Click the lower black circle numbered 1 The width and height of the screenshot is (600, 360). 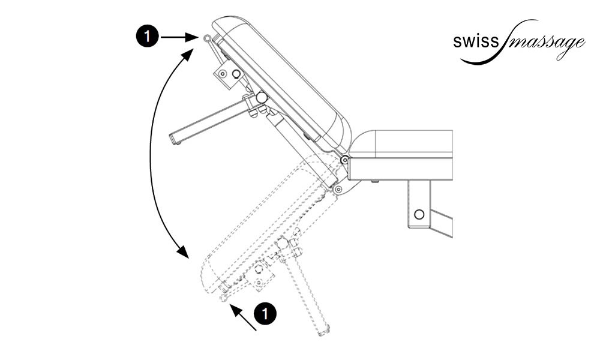click(x=265, y=313)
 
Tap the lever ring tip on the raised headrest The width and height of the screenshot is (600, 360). click(x=207, y=38)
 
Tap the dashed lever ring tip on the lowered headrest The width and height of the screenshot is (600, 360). click(x=224, y=296)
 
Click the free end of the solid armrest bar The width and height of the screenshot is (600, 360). click(x=175, y=140)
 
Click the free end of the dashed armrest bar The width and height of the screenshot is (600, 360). click(x=325, y=331)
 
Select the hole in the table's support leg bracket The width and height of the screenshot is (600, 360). click(x=419, y=214)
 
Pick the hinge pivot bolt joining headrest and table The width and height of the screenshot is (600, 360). click(x=344, y=160)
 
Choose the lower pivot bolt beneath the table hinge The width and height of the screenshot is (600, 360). click(x=338, y=189)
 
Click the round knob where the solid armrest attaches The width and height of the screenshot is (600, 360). click(x=262, y=97)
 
